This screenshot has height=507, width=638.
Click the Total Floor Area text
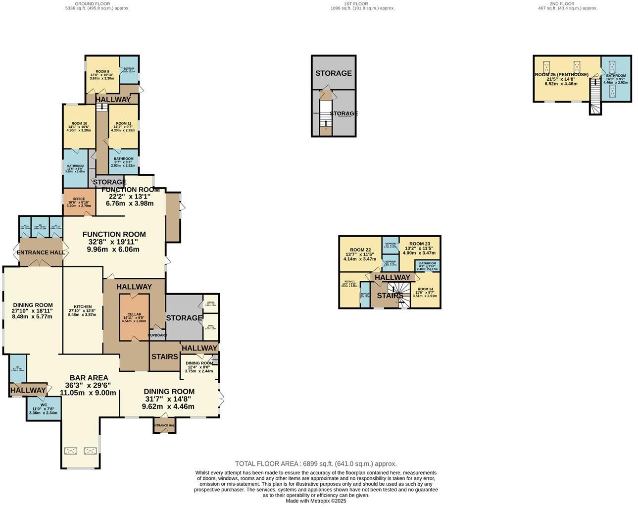pos(316,464)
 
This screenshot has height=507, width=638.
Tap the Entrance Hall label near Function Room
pos(41,253)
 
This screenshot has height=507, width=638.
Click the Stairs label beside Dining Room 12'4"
pos(164,356)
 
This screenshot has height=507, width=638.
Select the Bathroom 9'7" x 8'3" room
pos(123,162)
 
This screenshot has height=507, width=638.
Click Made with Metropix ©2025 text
pos(316,501)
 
